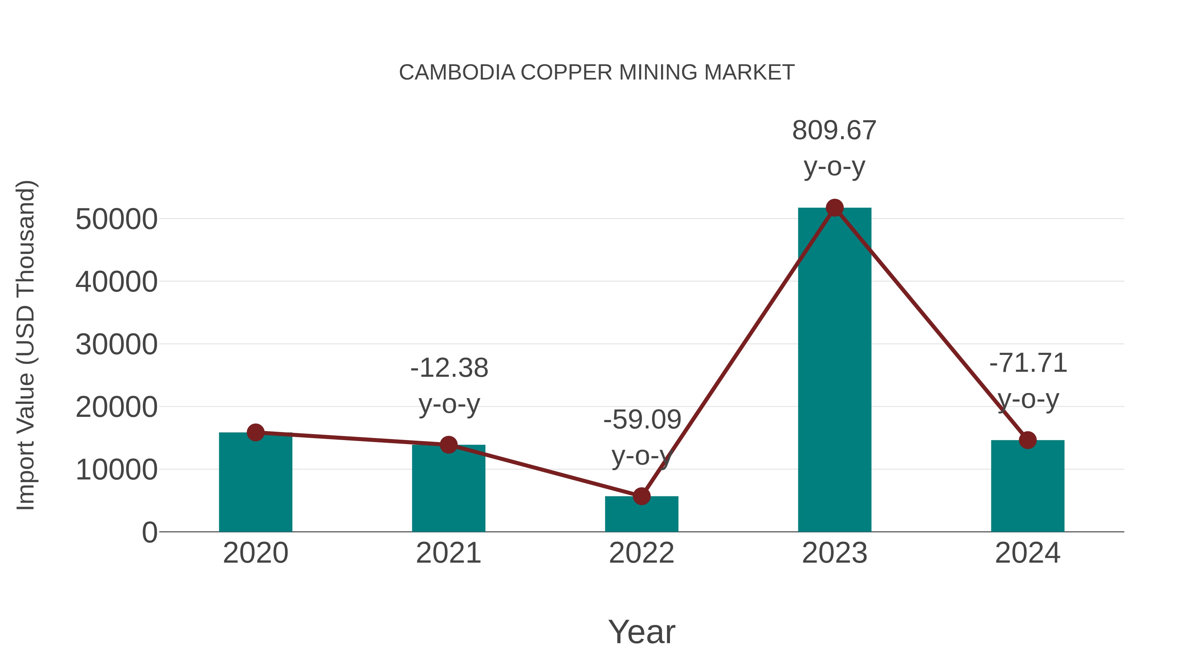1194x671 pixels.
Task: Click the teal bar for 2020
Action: pyautogui.click(x=255, y=484)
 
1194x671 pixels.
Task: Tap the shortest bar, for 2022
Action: pyautogui.click(x=641, y=515)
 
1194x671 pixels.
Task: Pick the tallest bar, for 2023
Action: pyautogui.click(x=834, y=370)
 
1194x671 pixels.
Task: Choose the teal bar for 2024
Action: pyautogui.click(x=1028, y=487)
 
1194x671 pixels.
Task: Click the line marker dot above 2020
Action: pyautogui.click(x=255, y=432)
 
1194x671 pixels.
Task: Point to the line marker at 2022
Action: pyautogui.click(x=641, y=496)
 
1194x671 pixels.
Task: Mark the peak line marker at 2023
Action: pyautogui.click(x=834, y=208)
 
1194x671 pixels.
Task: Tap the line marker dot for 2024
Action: pyautogui.click(x=1028, y=440)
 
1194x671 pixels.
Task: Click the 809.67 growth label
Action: pyautogui.click(x=834, y=131)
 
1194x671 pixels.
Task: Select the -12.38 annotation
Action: pyautogui.click(x=449, y=368)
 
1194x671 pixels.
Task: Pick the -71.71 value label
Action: pyautogui.click(x=1028, y=363)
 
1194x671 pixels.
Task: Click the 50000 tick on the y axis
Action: pyautogui.click(x=116, y=219)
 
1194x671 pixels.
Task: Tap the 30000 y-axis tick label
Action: pyautogui.click(x=116, y=345)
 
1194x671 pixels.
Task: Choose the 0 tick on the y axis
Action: pyautogui.click(x=149, y=532)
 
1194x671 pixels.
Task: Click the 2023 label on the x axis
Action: pyautogui.click(x=834, y=553)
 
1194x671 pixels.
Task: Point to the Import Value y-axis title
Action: pyautogui.click(x=26, y=345)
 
